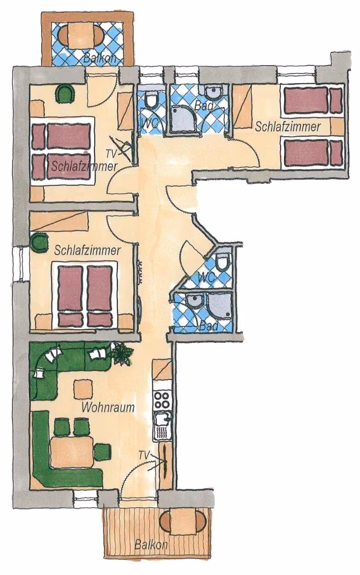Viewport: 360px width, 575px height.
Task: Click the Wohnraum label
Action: pyautogui.click(x=108, y=407)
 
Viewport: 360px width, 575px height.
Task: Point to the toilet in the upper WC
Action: pyautogui.click(x=152, y=100)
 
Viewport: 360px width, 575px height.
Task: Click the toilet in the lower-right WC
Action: pyautogui.click(x=223, y=261)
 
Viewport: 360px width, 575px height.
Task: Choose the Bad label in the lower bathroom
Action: pyautogui.click(x=209, y=327)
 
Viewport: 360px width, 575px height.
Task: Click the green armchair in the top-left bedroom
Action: pyautogui.click(x=65, y=94)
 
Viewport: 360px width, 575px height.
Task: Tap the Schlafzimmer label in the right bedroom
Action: pyautogui.click(x=288, y=127)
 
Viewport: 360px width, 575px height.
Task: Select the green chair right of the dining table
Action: pyautogui.click(x=103, y=451)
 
